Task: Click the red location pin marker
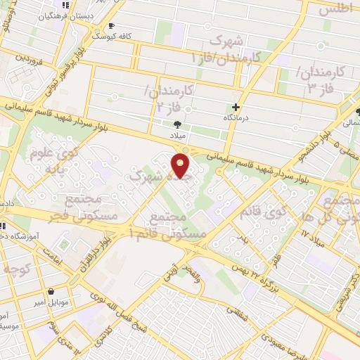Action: coord(182,165)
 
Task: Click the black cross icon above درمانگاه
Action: coord(236,108)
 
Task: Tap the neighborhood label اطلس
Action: coord(335,10)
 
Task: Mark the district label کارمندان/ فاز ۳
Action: coord(321,79)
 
